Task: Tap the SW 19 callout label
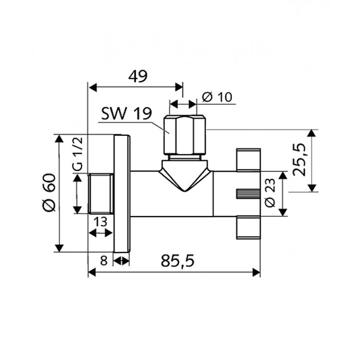pyautogui.click(x=126, y=114)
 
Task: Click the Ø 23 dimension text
pyautogui.click(x=271, y=193)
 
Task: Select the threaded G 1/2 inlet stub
pyautogui.click(x=101, y=194)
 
